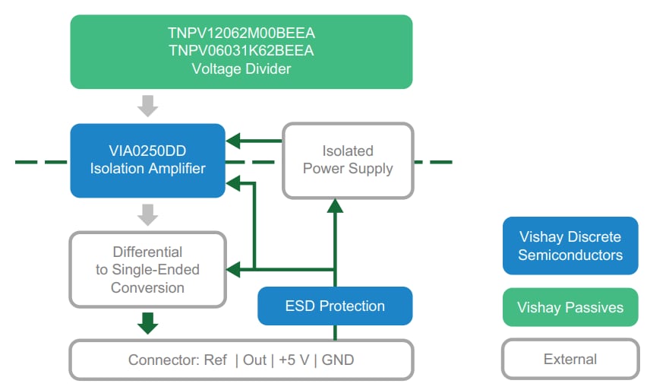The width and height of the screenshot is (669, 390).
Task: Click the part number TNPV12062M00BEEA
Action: coord(241,33)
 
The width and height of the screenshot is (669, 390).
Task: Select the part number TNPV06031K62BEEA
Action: coord(241,51)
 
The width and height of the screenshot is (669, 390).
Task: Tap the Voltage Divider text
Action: coord(241,69)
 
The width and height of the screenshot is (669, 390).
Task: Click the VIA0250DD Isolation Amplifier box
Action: coord(148,160)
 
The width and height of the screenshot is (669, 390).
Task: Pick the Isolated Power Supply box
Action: coord(348,160)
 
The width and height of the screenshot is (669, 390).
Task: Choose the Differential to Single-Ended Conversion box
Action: coord(148,269)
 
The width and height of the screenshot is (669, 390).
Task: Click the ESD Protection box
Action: coord(335,306)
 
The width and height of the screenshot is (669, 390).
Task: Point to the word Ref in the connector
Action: coord(215,360)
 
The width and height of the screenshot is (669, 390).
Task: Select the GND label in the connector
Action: coord(339,360)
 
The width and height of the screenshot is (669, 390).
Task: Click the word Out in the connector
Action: coord(254,360)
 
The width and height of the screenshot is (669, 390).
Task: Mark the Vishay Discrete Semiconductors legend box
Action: coord(570,246)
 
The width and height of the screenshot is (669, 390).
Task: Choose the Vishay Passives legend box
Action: coord(570,307)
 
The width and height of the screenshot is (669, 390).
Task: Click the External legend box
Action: coord(570,359)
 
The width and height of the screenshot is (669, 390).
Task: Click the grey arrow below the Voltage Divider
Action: coord(148,106)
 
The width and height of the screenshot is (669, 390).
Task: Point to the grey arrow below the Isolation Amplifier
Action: coord(148,214)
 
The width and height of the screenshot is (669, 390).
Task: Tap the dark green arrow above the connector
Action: coord(148,323)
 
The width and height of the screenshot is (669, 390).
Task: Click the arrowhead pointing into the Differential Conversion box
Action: coord(233,268)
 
